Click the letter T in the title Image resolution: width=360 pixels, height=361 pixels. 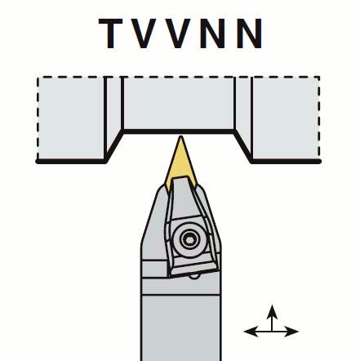click(x=110, y=33)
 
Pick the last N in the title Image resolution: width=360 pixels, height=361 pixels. click(x=249, y=33)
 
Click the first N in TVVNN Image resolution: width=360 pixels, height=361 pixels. click(x=213, y=33)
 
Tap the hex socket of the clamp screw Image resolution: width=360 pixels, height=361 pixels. click(x=188, y=239)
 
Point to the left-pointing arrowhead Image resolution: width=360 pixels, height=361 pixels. click(x=251, y=332)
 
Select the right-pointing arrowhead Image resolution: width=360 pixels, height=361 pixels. click(x=291, y=332)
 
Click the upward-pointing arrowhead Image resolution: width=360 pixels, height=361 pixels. click(x=272, y=312)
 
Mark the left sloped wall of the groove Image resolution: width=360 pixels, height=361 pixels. click(x=114, y=146)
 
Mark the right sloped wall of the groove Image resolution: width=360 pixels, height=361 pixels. click(x=242, y=146)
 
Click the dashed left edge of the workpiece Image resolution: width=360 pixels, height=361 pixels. click(x=38, y=118)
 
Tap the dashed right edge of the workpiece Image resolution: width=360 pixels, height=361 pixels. click(x=318, y=118)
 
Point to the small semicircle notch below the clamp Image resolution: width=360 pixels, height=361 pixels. click(x=193, y=276)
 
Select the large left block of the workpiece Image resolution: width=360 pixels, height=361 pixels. click(x=71, y=118)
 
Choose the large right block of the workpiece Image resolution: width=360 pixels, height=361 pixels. click(x=285, y=118)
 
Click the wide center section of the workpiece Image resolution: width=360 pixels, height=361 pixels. click(x=179, y=104)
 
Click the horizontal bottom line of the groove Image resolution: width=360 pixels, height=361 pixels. click(x=179, y=131)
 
